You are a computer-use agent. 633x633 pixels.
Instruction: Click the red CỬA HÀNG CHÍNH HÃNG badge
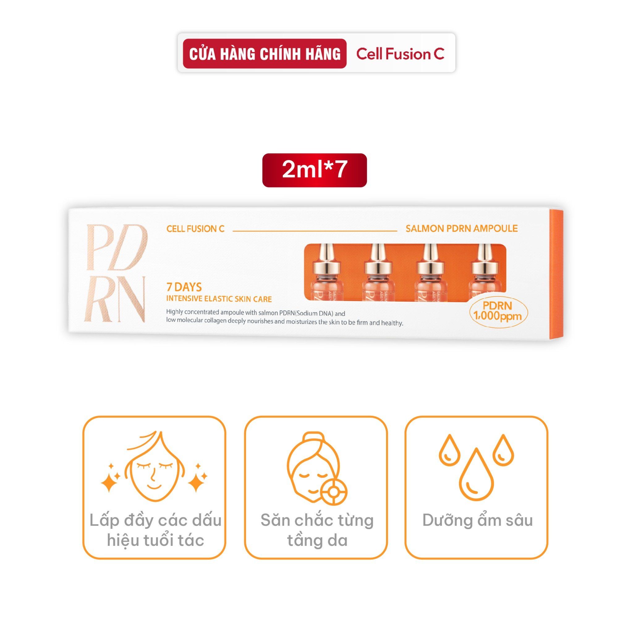pos(264,54)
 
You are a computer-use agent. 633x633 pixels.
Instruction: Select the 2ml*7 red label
pos(315,170)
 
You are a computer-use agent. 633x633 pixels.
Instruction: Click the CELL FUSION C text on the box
pos(195,229)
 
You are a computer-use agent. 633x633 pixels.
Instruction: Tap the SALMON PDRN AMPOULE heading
pos(462,228)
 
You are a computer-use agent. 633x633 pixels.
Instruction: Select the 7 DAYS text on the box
pos(184,287)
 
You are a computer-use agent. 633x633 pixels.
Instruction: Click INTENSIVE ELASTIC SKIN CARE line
pos(219,299)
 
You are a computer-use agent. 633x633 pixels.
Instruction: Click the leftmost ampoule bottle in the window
pos(326,272)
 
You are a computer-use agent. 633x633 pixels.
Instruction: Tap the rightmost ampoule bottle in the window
pos(482,272)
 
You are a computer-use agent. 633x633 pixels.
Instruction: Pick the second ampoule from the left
pos(378,272)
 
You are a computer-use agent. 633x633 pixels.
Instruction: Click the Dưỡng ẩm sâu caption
pos(477,520)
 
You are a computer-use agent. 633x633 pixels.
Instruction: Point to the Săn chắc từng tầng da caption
pos(317,530)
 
